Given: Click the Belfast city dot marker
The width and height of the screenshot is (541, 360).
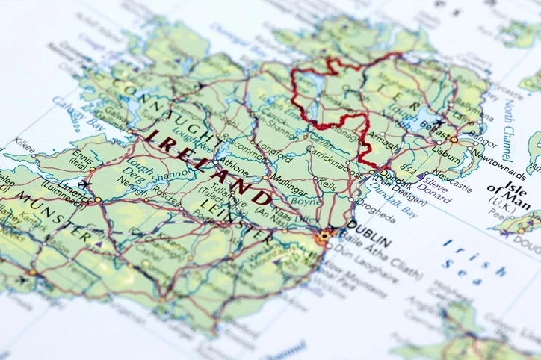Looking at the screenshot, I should (453, 138).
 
